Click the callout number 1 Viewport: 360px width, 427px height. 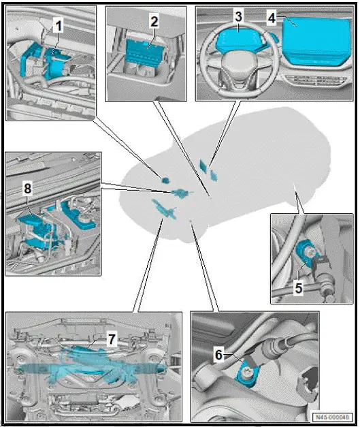click(x=59, y=25)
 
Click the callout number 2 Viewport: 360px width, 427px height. click(x=154, y=22)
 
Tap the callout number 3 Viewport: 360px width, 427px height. click(x=238, y=15)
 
